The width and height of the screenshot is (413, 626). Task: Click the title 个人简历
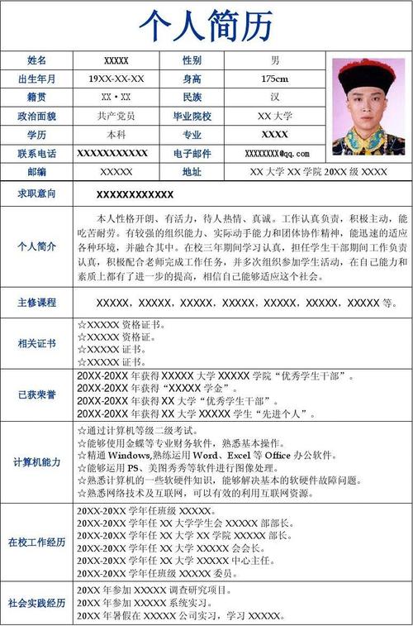[206, 26]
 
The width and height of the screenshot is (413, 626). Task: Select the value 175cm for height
[274, 79]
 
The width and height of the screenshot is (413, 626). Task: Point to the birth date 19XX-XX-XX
[116, 79]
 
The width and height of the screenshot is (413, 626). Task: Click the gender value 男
[274, 60]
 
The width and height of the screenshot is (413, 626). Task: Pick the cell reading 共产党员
[116, 116]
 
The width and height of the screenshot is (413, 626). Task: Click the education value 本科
[116, 134]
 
